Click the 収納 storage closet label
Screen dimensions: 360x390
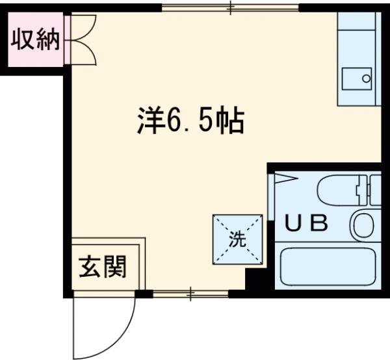35,41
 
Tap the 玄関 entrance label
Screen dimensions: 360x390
103,266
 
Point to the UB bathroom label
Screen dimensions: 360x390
307,224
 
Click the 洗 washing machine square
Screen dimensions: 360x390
238,239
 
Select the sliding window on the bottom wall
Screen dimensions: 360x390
190,294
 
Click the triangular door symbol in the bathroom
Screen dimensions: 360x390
285,179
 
